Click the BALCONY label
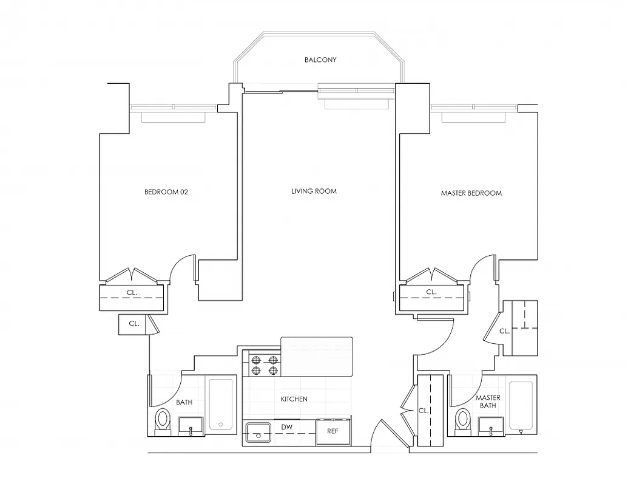click(320, 60)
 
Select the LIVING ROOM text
click(313, 191)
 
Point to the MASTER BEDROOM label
click(471, 193)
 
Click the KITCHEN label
click(294, 399)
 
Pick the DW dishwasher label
click(288, 428)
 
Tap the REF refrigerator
click(332, 431)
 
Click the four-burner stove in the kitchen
click(265, 364)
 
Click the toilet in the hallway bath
click(162, 421)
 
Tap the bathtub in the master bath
click(521, 406)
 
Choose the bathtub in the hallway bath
click(221, 406)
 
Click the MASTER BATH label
click(488, 402)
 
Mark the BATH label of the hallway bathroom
click(184, 402)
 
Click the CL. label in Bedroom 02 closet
click(131, 292)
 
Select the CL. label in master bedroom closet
click(431, 292)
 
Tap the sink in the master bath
click(491, 427)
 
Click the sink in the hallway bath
click(190, 427)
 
